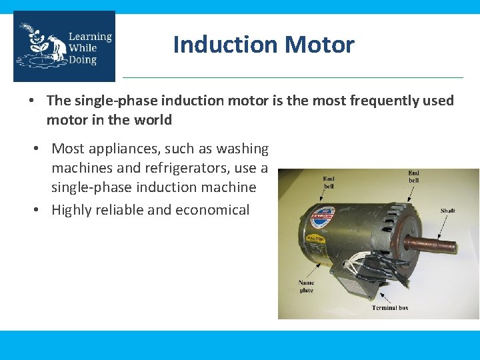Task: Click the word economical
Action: tap(212, 210)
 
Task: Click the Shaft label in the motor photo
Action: tap(448, 211)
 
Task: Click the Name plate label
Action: tap(306, 287)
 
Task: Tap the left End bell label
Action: tap(329, 182)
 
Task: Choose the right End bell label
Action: tap(413, 177)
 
